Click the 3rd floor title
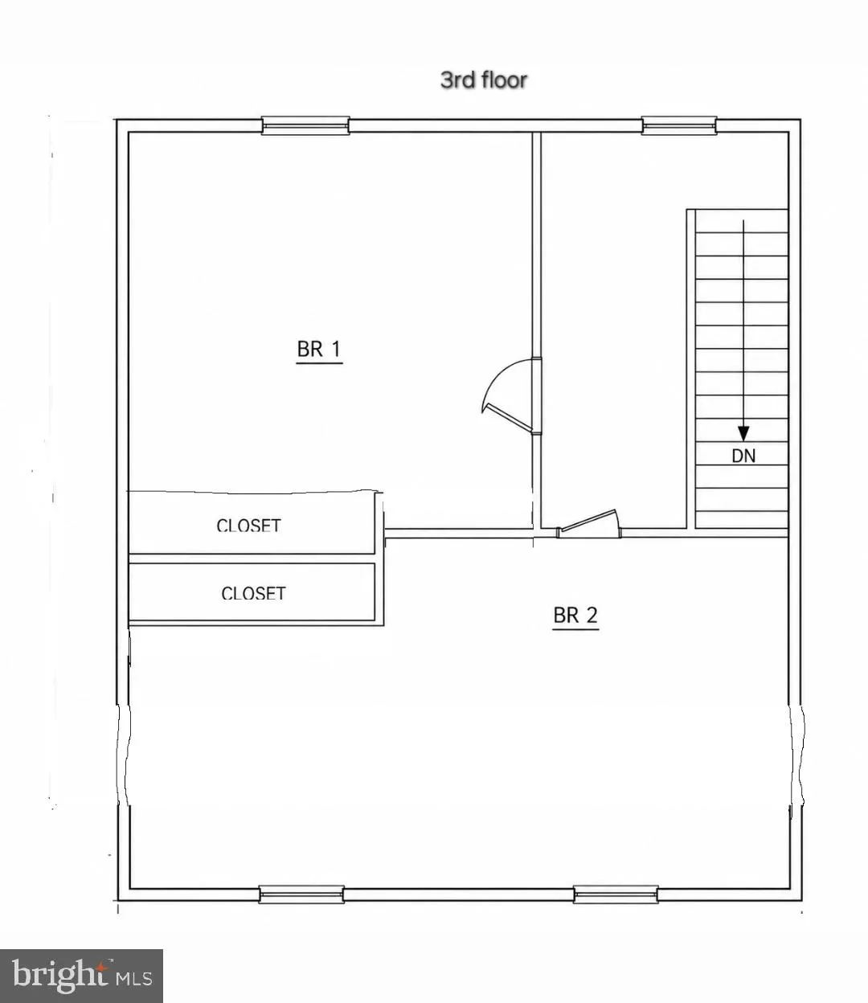483,80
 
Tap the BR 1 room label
319,350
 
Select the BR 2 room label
575,616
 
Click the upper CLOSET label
248,526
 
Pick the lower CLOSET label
253,593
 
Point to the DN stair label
743,456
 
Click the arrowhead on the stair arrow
743,433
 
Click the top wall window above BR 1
305,125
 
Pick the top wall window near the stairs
679,125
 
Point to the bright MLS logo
81,976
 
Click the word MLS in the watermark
134,978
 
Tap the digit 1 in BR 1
336,350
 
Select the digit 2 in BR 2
592,616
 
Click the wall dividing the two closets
252,559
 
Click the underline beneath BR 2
575,629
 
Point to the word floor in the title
502,80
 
